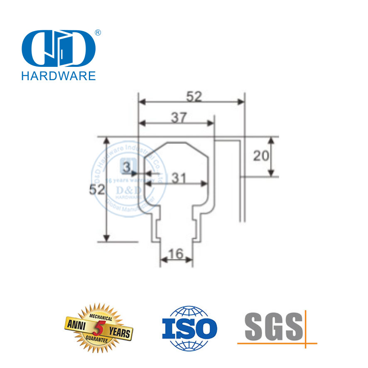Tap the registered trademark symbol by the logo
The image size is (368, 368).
(98, 32)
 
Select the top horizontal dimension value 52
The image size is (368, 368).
(193, 97)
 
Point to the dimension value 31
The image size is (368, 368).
(179, 178)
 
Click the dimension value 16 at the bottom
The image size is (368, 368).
(176, 253)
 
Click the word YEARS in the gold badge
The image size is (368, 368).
(119, 332)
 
